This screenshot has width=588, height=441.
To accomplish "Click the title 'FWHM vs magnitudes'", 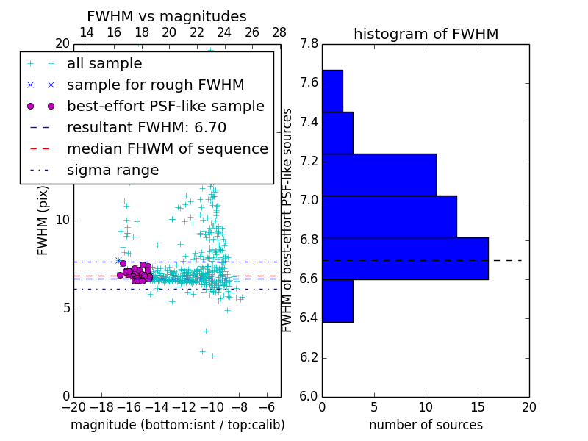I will pos(166,16).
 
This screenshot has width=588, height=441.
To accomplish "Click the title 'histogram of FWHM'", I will pos(426,34).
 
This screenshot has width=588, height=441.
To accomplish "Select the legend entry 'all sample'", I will pos(104,64).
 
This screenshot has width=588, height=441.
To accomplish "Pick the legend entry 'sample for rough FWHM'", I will pos(155,85).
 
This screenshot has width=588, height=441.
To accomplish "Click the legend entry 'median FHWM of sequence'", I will pos(167,149).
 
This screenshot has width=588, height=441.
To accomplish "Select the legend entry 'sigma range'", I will pos(112,171).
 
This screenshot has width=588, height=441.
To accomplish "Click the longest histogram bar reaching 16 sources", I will pos(405,259).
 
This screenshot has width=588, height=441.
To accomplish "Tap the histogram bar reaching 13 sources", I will pos(390,217).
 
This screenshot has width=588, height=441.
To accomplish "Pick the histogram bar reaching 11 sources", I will pos(379,175).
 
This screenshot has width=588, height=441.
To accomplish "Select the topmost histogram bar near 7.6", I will pos(332,91).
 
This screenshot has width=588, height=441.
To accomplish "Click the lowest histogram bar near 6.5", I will pos(337,301).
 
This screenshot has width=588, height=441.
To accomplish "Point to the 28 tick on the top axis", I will pos(280,32).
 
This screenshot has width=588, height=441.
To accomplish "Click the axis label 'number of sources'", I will pos(426,425).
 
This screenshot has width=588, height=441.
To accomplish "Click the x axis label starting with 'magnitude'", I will pos(177,425).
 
